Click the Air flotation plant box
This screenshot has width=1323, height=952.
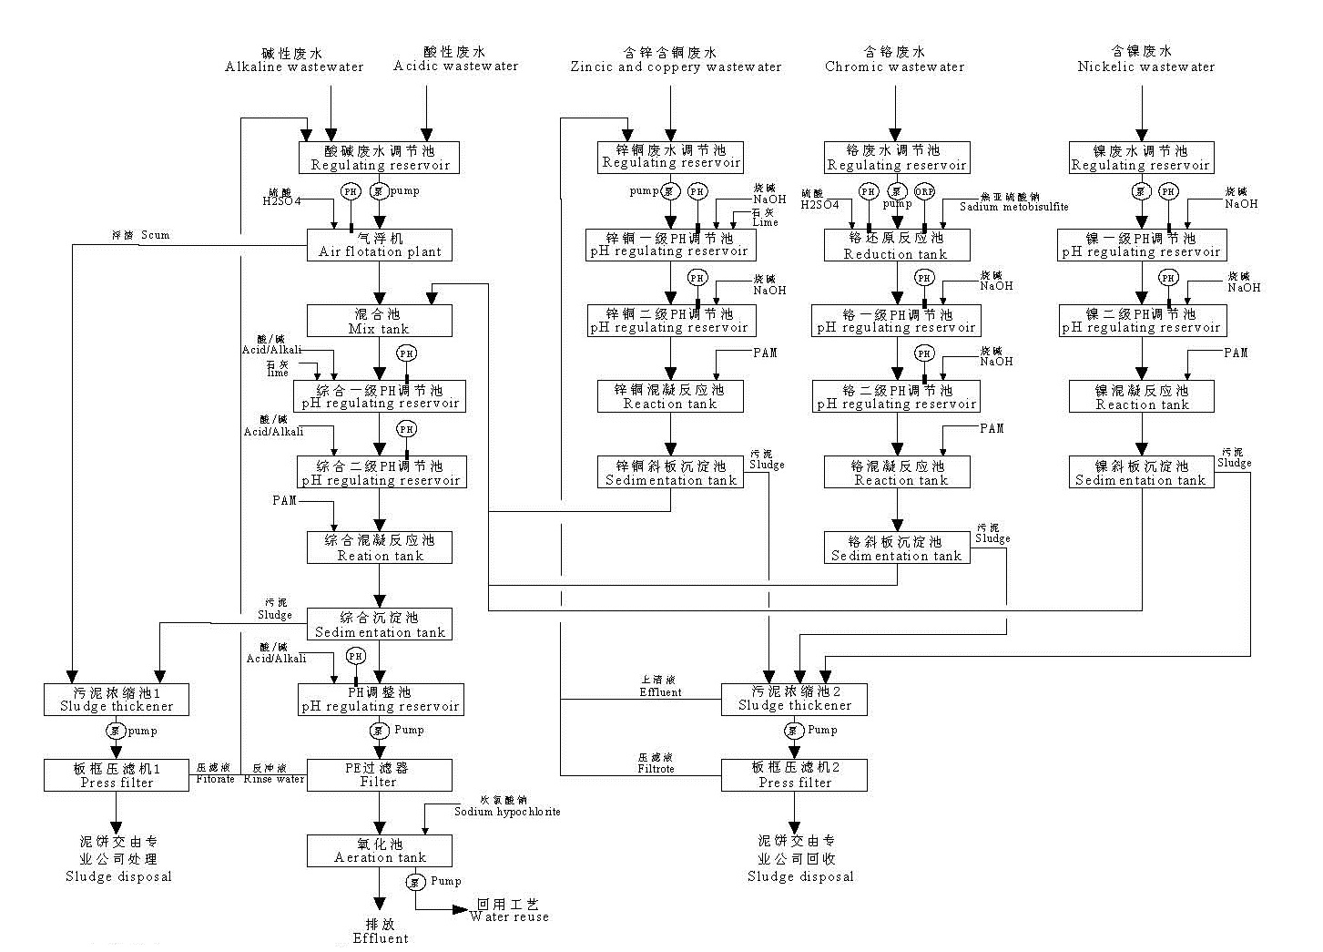click(x=380, y=244)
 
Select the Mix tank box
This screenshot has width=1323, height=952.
click(x=379, y=321)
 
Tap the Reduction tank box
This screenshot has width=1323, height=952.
click(x=897, y=245)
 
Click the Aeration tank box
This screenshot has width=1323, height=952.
click(x=380, y=850)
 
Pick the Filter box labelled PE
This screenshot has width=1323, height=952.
click(x=379, y=774)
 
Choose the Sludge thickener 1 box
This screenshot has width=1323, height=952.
click(x=117, y=699)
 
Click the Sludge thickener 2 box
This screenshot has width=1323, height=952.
click(x=794, y=699)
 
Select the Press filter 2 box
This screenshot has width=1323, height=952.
click(x=794, y=774)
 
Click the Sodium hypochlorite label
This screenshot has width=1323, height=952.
click(x=507, y=811)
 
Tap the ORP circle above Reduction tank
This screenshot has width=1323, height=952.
click(x=924, y=191)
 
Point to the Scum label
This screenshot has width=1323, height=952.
click(x=154, y=235)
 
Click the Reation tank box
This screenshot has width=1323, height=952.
click(x=380, y=548)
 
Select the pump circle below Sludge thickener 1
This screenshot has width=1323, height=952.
click(x=116, y=731)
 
